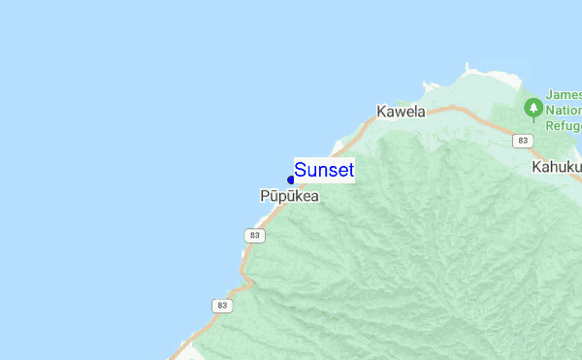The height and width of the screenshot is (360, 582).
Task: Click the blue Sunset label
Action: (x=324, y=171)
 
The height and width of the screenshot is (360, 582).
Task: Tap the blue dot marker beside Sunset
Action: (x=291, y=180)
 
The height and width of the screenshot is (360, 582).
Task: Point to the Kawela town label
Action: (x=402, y=112)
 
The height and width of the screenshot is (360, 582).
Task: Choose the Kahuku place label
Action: (x=556, y=167)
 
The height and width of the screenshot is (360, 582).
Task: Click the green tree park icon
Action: (x=533, y=108)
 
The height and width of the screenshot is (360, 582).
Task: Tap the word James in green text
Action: (x=564, y=94)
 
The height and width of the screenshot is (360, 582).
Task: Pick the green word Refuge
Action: (x=564, y=126)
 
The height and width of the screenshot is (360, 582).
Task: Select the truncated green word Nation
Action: (x=564, y=111)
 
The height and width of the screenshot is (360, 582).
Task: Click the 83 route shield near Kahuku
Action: (x=524, y=141)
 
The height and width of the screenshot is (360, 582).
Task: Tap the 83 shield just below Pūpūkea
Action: (x=254, y=236)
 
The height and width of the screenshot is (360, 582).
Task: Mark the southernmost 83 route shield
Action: (x=221, y=306)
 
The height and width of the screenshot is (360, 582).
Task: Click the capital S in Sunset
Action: (x=301, y=171)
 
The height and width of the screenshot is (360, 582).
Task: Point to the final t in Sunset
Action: (x=349, y=171)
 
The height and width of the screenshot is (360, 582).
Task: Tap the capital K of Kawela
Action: (x=382, y=112)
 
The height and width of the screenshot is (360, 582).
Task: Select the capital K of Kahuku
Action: (x=536, y=167)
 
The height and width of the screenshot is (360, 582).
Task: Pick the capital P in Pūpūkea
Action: (x=265, y=196)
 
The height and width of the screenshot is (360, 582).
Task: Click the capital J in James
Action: (x=549, y=94)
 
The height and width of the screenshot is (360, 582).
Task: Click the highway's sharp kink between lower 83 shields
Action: (x=249, y=284)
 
